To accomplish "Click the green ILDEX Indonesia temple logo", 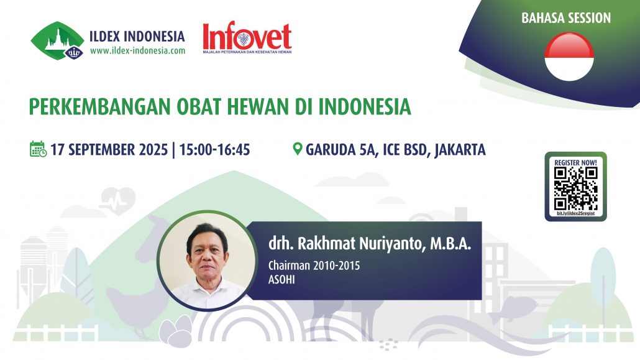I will tap(57, 41).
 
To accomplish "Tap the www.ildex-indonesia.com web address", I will tap(137, 51).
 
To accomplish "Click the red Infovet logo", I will tap(247, 39).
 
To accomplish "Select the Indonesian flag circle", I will tap(569, 57).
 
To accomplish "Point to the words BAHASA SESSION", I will tap(566, 18).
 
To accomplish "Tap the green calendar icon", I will tap(38, 149).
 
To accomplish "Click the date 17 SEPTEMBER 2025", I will tap(109, 150).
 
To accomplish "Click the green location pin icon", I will tap(298, 149).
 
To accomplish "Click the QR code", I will tap(575, 188).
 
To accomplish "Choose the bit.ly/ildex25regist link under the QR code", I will tap(575, 214).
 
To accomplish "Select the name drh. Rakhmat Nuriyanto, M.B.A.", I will tap(366, 244).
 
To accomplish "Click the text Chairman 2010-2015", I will tap(314, 265).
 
